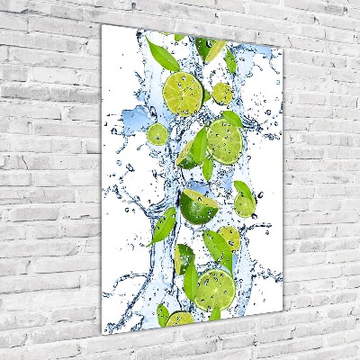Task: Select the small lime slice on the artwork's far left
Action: pos(157,135)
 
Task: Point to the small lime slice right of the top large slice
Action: pos(221,93)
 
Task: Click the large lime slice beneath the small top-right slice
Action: pos(223,139)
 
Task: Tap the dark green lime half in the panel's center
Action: pos(197,206)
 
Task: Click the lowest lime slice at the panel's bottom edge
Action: pos(180,319)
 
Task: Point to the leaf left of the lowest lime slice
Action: pos(162,314)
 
